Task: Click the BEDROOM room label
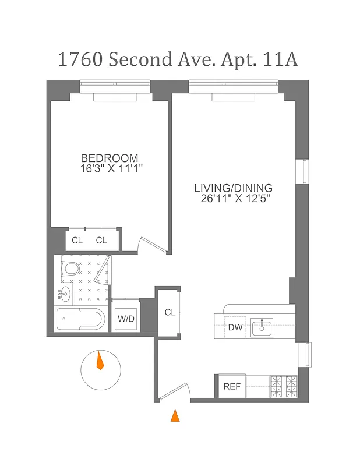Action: click(110, 158)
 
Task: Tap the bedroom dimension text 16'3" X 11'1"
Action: click(112, 169)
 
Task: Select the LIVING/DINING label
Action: click(233, 188)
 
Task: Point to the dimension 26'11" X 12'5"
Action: click(233, 199)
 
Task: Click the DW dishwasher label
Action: click(235, 327)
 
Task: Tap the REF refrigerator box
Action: click(232, 386)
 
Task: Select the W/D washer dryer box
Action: click(126, 319)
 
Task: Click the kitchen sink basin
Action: click(262, 328)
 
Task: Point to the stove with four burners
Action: click(283, 386)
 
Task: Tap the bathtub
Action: click(80, 319)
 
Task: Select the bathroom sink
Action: click(65, 293)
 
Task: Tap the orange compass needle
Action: click(100, 361)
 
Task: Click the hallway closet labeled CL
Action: click(170, 313)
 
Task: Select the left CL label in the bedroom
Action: click(77, 241)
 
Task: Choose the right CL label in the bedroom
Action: click(102, 241)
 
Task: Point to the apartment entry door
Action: click(175, 391)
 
